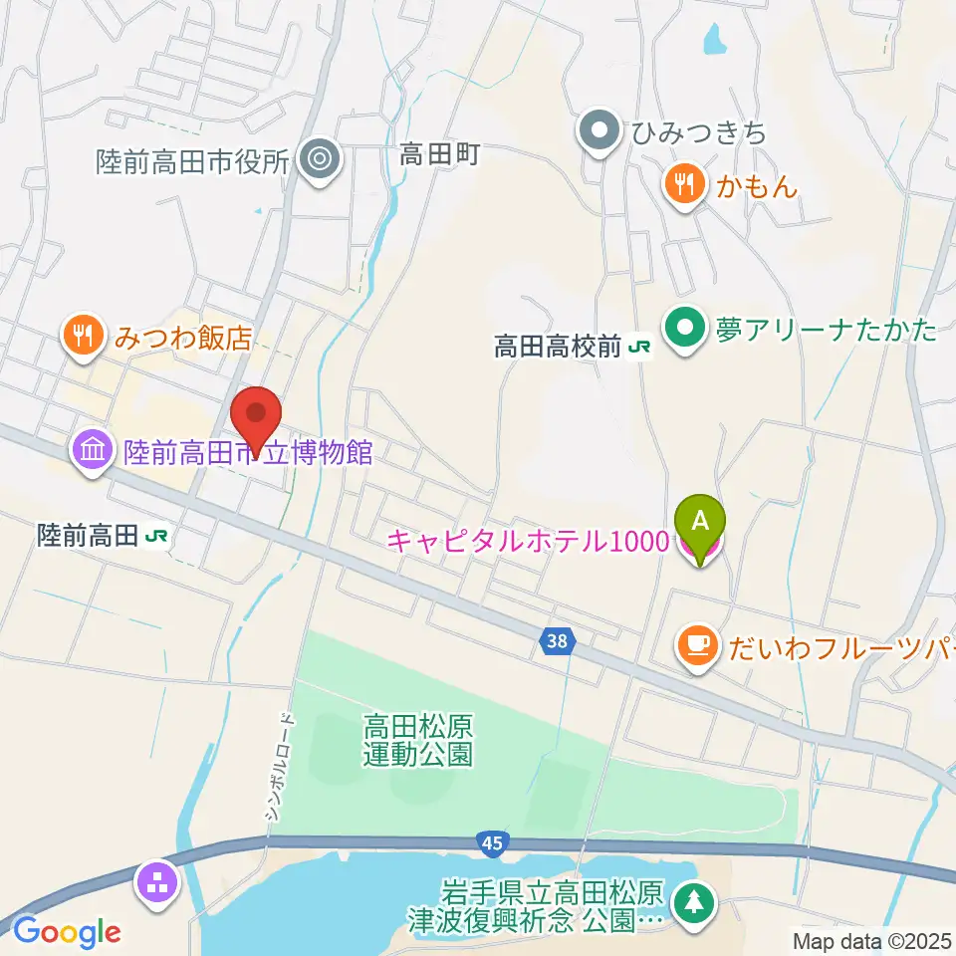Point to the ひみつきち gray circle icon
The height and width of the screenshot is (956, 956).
tap(599, 130)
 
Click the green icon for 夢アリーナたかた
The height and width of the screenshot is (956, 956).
tap(685, 328)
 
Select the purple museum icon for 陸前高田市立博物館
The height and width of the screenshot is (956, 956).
tap(93, 453)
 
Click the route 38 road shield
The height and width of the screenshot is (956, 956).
tap(558, 642)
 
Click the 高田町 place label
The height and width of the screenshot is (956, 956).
tap(440, 154)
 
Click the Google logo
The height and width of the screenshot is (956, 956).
tap(67, 932)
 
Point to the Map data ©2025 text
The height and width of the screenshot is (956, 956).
tap(871, 939)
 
